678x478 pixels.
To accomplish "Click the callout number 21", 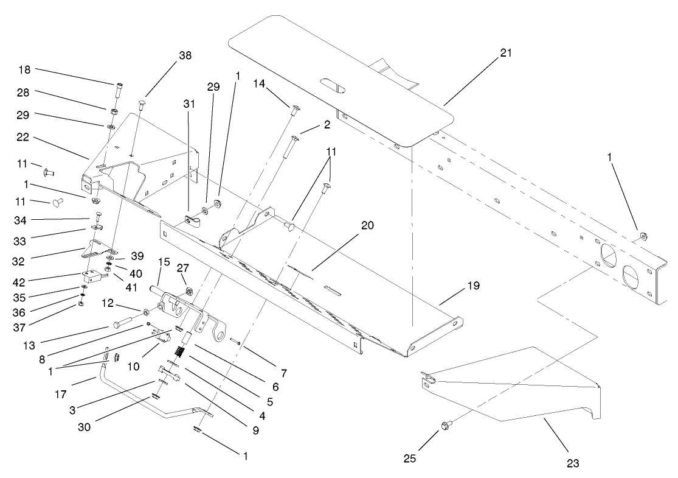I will pos(506,53).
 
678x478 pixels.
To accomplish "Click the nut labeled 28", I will pos(113,111).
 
